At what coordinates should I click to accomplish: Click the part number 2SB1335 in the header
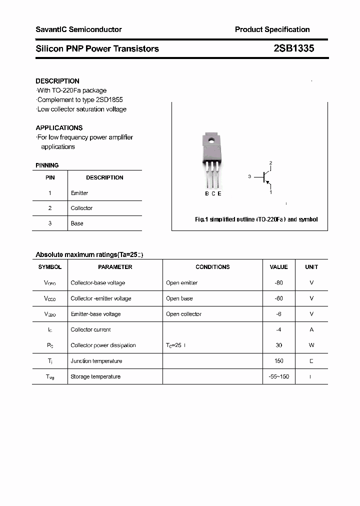click(x=293, y=48)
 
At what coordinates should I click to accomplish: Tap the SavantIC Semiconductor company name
click(x=78, y=29)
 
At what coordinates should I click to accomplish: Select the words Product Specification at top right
click(x=272, y=29)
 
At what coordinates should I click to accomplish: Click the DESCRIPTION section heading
click(x=57, y=81)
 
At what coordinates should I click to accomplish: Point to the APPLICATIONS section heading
click(x=59, y=127)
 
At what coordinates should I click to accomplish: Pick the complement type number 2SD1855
click(x=108, y=100)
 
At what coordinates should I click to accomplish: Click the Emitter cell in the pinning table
click(x=79, y=193)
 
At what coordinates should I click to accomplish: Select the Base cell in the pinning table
click(x=77, y=223)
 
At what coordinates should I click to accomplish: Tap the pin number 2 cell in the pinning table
click(x=50, y=208)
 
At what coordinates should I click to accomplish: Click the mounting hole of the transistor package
click(x=211, y=140)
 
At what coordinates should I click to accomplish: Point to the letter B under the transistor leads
click(x=207, y=193)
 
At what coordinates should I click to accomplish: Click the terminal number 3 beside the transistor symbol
click(x=249, y=176)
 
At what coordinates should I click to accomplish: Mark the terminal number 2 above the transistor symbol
click(x=270, y=163)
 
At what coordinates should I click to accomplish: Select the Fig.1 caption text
click(x=256, y=219)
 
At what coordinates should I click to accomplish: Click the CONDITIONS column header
click(x=212, y=267)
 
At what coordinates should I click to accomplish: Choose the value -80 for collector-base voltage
click(x=278, y=283)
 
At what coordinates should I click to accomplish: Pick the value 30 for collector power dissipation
click(x=278, y=345)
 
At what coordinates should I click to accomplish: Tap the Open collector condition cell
click(x=183, y=314)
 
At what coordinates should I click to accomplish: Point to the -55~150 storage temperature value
click(x=278, y=376)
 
